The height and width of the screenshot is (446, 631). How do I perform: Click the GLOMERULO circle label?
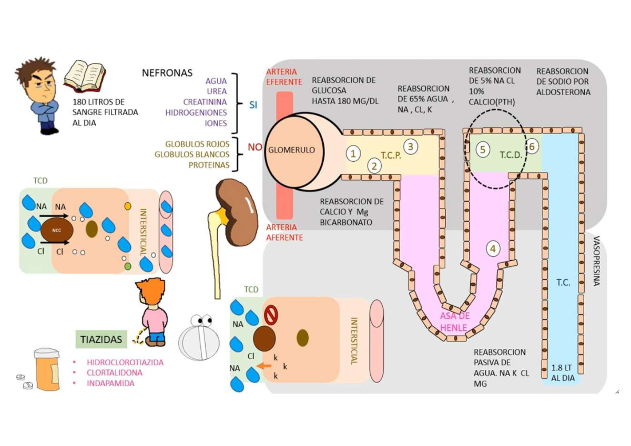291,150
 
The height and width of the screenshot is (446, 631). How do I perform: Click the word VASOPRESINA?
596,261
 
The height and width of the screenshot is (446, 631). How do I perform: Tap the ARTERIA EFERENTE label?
284,77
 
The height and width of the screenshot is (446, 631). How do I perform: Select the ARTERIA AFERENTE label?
284,232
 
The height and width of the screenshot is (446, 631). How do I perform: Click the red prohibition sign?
270,315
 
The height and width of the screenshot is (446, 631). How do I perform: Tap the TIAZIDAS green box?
101,339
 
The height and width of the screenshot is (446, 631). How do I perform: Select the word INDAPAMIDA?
110,383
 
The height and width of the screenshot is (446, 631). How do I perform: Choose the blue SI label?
253,105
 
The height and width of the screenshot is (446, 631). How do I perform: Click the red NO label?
255,147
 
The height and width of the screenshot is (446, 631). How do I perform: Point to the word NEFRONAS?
167,73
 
